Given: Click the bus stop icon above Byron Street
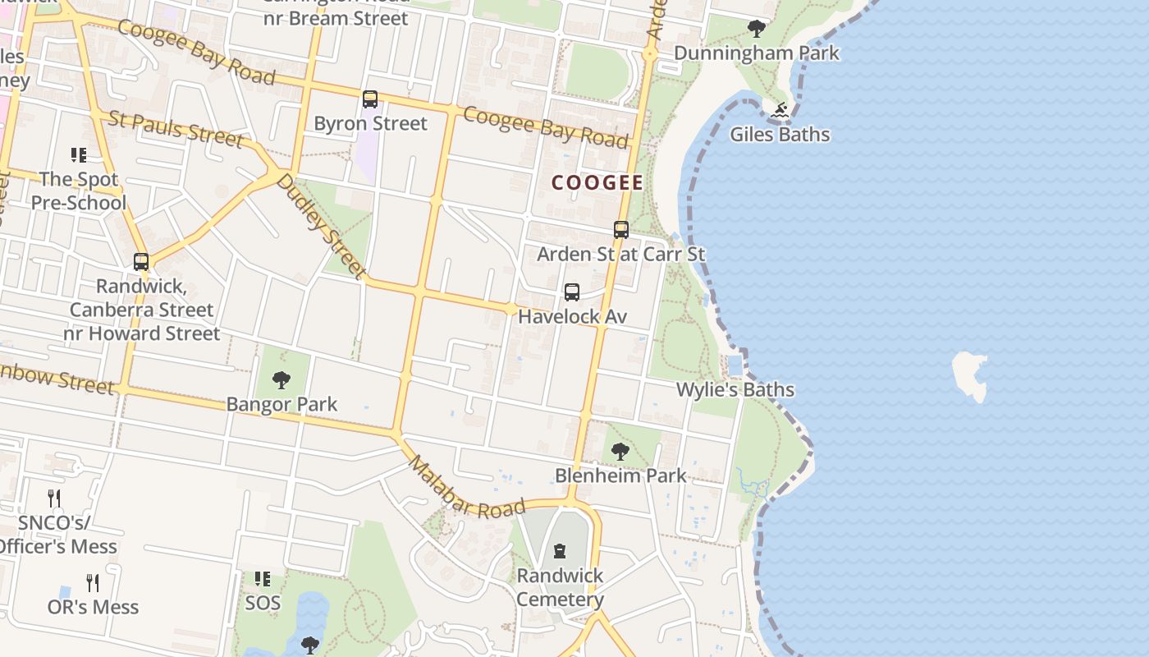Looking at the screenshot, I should click(370, 99).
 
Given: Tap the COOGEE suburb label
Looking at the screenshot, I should click(597, 182).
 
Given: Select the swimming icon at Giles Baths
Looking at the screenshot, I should click(780, 110).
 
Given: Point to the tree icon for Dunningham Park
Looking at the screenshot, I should click(757, 30).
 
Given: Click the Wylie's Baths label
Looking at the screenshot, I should click(735, 389).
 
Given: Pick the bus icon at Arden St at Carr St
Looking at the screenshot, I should click(621, 230).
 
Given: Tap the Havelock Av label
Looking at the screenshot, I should click(572, 316).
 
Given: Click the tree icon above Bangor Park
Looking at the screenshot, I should click(282, 380).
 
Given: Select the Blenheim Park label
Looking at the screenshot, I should click(620, 476).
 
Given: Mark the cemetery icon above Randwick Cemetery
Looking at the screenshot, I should click(560, 551).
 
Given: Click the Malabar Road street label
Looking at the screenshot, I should click(465, 488).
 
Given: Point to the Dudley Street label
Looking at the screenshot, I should click(320, 224).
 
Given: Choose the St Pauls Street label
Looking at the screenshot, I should click(176, 130).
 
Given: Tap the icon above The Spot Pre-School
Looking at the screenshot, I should click(79, 155).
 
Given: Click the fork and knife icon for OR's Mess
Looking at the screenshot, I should click(93, 583).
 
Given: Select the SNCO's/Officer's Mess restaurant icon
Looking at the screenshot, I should click(54, 498).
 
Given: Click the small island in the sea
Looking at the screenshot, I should click(970, 375).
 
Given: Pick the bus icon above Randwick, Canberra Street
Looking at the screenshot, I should click(141, 262).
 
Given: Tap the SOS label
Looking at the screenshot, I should click(263, 603).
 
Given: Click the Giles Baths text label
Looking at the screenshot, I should click(780, 135).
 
